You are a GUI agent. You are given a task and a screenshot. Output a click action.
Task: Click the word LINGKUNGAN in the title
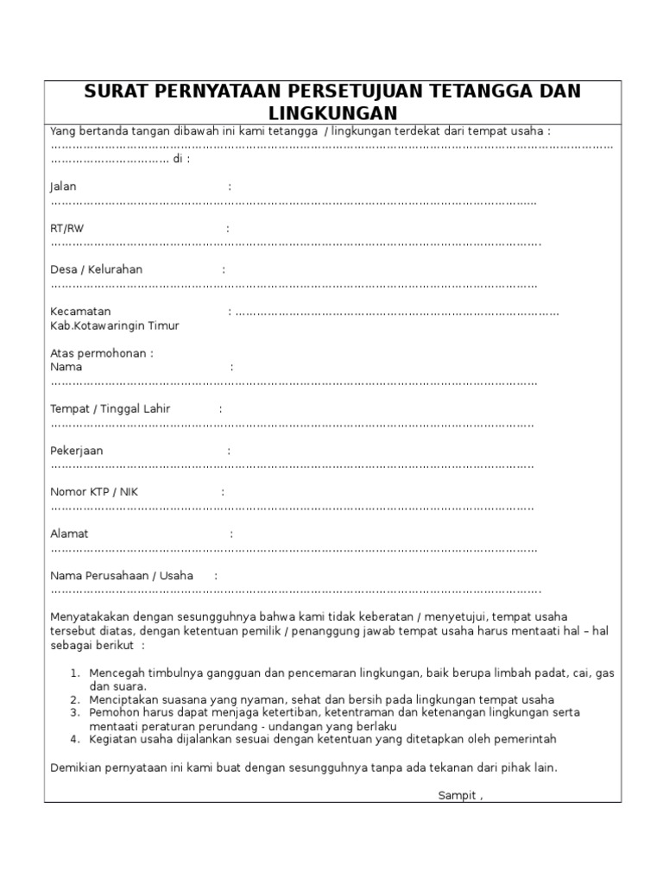click(332, 112)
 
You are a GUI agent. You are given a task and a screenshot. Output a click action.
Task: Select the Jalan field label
click(64, 186)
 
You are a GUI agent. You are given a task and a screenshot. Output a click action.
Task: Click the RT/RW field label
click(67, 228)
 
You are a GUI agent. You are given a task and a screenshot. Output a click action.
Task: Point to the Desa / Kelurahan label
click(96, 269)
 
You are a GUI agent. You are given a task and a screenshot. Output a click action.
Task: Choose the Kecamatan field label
click(80, 311)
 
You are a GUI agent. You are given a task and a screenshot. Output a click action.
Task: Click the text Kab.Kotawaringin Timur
click(115, 325)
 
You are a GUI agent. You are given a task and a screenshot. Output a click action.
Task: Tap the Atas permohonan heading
click(102, 353)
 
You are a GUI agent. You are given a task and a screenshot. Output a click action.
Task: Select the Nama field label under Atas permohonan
click(66, 367)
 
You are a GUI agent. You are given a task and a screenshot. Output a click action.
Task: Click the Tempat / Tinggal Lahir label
click(110, 408)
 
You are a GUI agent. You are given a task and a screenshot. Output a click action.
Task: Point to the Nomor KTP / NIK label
click(93, 492)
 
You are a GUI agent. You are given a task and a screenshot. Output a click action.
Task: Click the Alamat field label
click(69, 534)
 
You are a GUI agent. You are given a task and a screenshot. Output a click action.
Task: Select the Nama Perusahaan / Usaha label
click(122, 575)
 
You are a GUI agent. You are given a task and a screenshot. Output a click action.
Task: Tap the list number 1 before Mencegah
click(75, 672)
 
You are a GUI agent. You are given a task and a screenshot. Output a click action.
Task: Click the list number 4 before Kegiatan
click(75, 739)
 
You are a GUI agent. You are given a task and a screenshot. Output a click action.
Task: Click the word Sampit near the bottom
click(457, 795)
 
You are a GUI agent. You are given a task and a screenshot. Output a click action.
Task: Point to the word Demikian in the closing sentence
click(75, 767)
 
